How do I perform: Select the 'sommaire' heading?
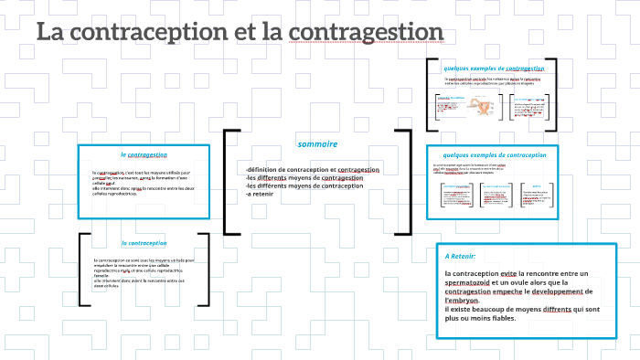coord(317,144)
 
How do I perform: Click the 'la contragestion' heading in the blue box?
coord(143,154)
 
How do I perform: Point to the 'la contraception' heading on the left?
coord(144,243)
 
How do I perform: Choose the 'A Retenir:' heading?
coord(461,256)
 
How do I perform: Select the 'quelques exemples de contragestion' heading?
coord(494,69)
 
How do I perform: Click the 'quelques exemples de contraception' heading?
coord(494,155)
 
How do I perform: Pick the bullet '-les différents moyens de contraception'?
coord(304,185)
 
